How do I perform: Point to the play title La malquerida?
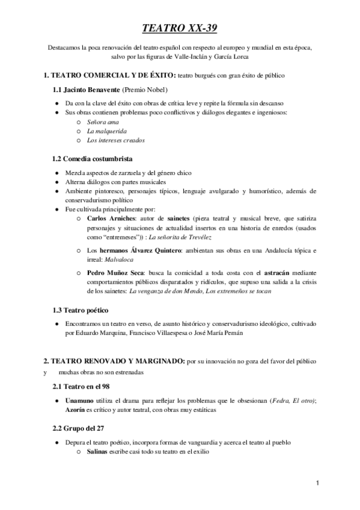tap(106, 131)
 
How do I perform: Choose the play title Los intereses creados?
tap(115, 140)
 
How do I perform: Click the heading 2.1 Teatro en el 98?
tap(81, 384)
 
